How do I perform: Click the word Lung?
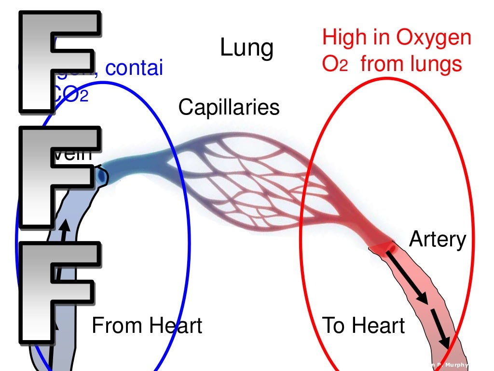247,48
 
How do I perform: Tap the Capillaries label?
229,107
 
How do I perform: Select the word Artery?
438,239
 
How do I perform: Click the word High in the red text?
343,37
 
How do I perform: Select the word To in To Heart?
334,326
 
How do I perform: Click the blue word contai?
134,69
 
